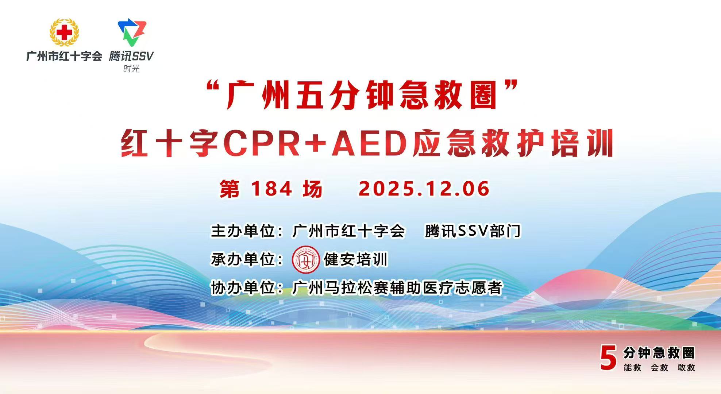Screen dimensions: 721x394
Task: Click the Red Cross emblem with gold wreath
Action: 64,32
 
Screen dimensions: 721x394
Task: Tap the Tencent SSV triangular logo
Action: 132,32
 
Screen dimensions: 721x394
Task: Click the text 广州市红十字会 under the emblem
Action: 64,56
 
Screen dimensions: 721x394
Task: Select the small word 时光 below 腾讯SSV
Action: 131,69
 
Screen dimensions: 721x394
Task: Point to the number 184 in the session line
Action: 271,189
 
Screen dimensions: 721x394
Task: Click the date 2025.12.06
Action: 424,189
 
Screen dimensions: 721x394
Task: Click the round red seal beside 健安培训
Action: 306,260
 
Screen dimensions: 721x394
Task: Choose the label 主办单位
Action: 243,231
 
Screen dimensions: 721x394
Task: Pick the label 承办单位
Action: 243,259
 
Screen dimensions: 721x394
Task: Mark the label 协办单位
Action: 243,288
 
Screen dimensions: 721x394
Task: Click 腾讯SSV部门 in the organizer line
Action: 473,231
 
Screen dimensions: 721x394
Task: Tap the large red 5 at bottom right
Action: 608,358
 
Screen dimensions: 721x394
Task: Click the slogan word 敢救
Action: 686,367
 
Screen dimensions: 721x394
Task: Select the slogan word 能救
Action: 632,367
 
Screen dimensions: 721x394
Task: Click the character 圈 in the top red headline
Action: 484,96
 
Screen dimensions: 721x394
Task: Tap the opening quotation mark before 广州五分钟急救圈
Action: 215,88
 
